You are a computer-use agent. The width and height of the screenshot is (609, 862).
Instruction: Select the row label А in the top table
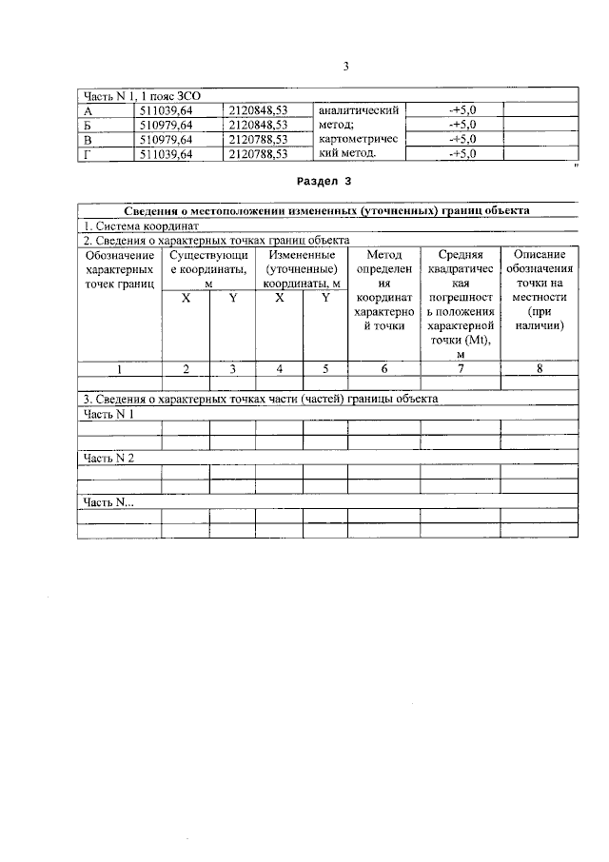[x=88, y=111]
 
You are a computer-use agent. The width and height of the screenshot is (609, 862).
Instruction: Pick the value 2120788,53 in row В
[x=258, y=139]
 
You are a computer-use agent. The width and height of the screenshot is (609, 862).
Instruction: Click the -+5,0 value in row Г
[x=462, y=153]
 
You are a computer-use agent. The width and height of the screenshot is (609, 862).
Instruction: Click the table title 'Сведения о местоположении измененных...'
[x=327, y=211]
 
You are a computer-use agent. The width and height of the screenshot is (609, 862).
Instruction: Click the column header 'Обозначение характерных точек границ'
[x=119, y=270]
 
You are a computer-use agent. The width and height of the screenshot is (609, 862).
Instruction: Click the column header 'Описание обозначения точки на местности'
[x=540, y=290]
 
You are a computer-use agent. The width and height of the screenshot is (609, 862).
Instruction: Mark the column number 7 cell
[x=461, y=369]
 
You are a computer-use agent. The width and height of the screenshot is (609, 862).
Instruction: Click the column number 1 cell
[x=119, y=369]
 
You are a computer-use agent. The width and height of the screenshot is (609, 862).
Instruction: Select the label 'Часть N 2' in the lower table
[x=109, y=458]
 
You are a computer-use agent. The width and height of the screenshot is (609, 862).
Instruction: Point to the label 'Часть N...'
[x=108, y=502]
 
